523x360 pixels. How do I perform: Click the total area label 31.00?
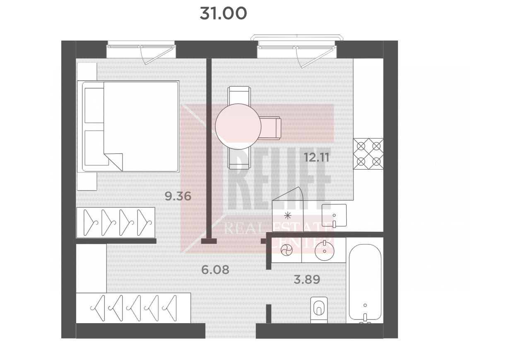click(223, 13)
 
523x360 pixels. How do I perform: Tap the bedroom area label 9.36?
click(178, 196)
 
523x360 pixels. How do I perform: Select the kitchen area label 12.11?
click(317, 158)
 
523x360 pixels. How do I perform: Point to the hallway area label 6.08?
click(215, 270)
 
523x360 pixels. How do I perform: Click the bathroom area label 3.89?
click(307, 279)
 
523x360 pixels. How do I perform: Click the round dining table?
click(238, 127)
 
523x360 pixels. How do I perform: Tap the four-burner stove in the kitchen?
click(368, 154)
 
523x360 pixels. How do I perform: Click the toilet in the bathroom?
click(319, 310)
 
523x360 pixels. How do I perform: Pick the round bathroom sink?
click(324, 251)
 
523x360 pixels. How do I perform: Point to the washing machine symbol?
click(287, 251)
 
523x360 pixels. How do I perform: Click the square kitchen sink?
click(334, 215)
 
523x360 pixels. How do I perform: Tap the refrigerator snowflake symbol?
click(288, 216)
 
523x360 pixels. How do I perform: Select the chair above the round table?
click(239, 96)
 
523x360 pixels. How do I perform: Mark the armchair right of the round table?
click(270, 128)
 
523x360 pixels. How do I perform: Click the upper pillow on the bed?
click(94, 106)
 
